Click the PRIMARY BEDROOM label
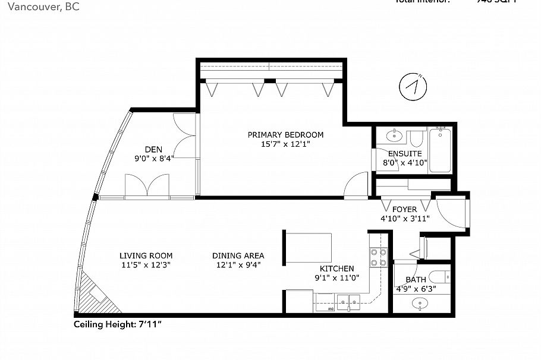(286, 135)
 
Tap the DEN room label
(153, 149)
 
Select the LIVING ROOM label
(146, 256)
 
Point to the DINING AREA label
(238, 256)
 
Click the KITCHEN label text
(336, 269)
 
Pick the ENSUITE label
(404, 153)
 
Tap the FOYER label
(404, 210)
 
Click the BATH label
(416, 280)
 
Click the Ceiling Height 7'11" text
(118, 324)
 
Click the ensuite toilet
(416, 140)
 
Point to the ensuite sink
(394, 136)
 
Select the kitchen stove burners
(376, 257)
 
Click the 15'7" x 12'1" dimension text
(286, 144)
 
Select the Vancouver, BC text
(39, 7)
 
